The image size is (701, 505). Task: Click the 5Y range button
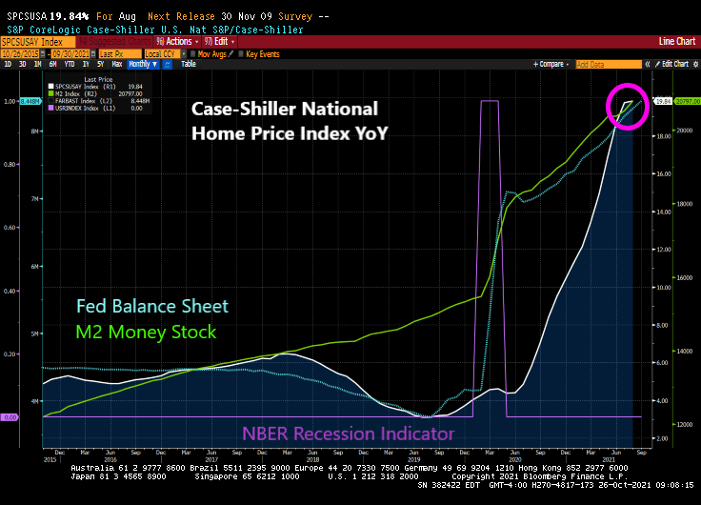click(x=100, y=64)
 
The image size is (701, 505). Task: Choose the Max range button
click(x=115, y=64)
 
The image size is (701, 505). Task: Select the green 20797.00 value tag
click(x=686, y=100)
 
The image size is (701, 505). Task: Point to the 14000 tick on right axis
click(x=685, y=352)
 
